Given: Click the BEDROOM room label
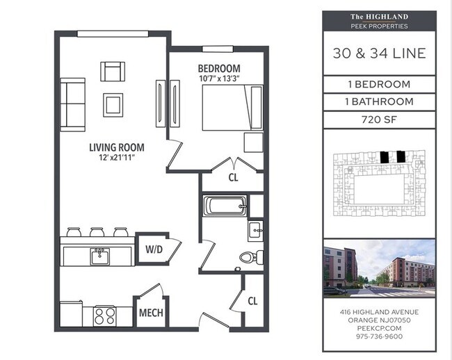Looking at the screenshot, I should click(219, 68).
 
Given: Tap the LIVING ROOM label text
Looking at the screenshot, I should click(116, 147).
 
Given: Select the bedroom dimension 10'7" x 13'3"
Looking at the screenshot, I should click(219, 79).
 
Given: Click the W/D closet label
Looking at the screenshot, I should click(154, 248).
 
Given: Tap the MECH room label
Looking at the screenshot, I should click(151, 313).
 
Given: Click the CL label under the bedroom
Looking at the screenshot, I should click(234, 177).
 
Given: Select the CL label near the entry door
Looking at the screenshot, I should click(253, 302).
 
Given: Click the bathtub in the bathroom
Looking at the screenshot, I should click(225, 205).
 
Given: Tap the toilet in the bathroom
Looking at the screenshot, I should click(248, 257).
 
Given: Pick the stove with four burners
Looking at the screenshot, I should click(104, 316).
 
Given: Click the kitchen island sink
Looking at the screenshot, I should click(99, 256).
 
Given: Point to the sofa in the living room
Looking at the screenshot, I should click(72, 104).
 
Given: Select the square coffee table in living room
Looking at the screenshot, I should click(113, 105).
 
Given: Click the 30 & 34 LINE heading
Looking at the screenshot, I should click(379, 54).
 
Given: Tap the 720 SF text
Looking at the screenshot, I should click(379, 119).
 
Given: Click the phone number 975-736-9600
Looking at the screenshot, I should click(379, 336).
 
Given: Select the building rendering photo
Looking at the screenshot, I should click(379, 268).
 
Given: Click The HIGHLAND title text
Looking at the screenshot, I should click(379, 17).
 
